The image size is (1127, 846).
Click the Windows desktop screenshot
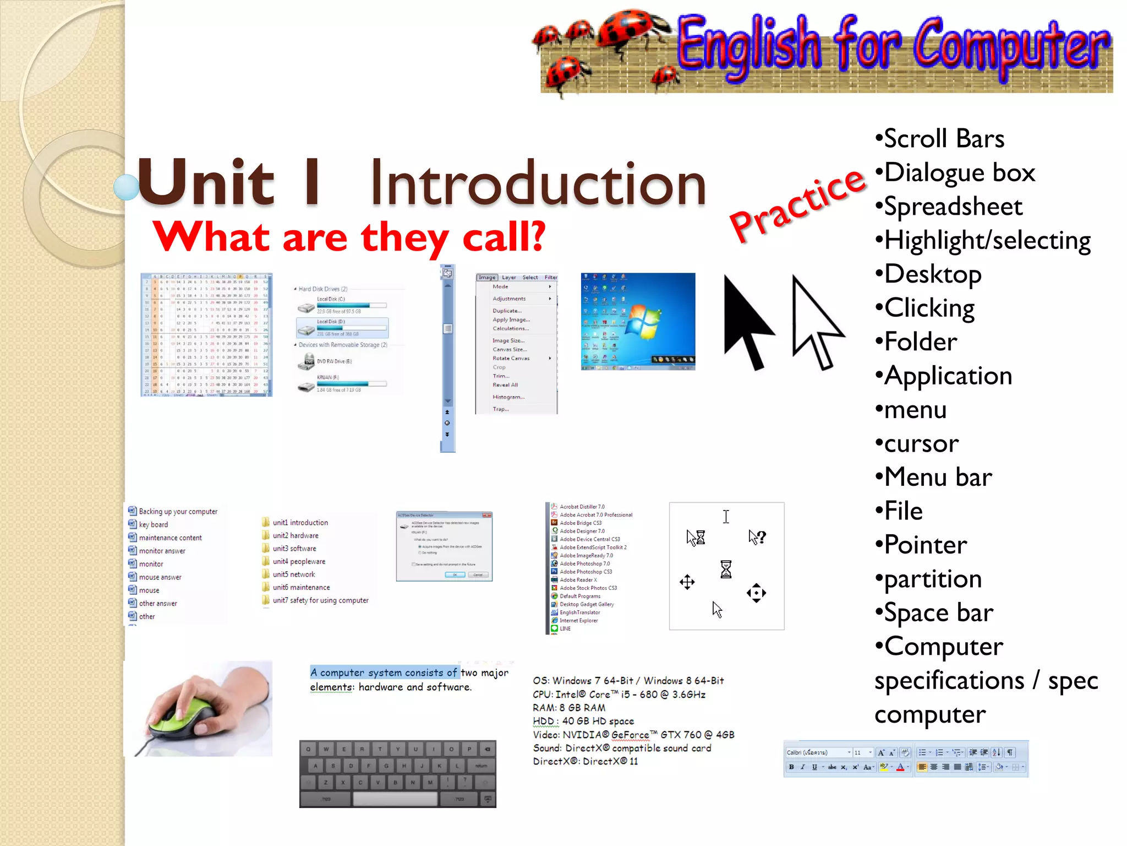(638, 321)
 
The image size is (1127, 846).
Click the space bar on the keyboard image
(395, 799)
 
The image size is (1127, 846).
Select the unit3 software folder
(294, 549)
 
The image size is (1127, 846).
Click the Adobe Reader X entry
(578, 580)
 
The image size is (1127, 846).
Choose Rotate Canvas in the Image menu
(511, 359)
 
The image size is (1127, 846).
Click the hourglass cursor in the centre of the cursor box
(726, 569)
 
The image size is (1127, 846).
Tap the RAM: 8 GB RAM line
(569, 708)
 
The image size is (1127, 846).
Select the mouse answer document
(160, 577)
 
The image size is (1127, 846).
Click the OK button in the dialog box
(455, 574)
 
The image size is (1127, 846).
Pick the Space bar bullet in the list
(938, 613)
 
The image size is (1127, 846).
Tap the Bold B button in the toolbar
(791, 767)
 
